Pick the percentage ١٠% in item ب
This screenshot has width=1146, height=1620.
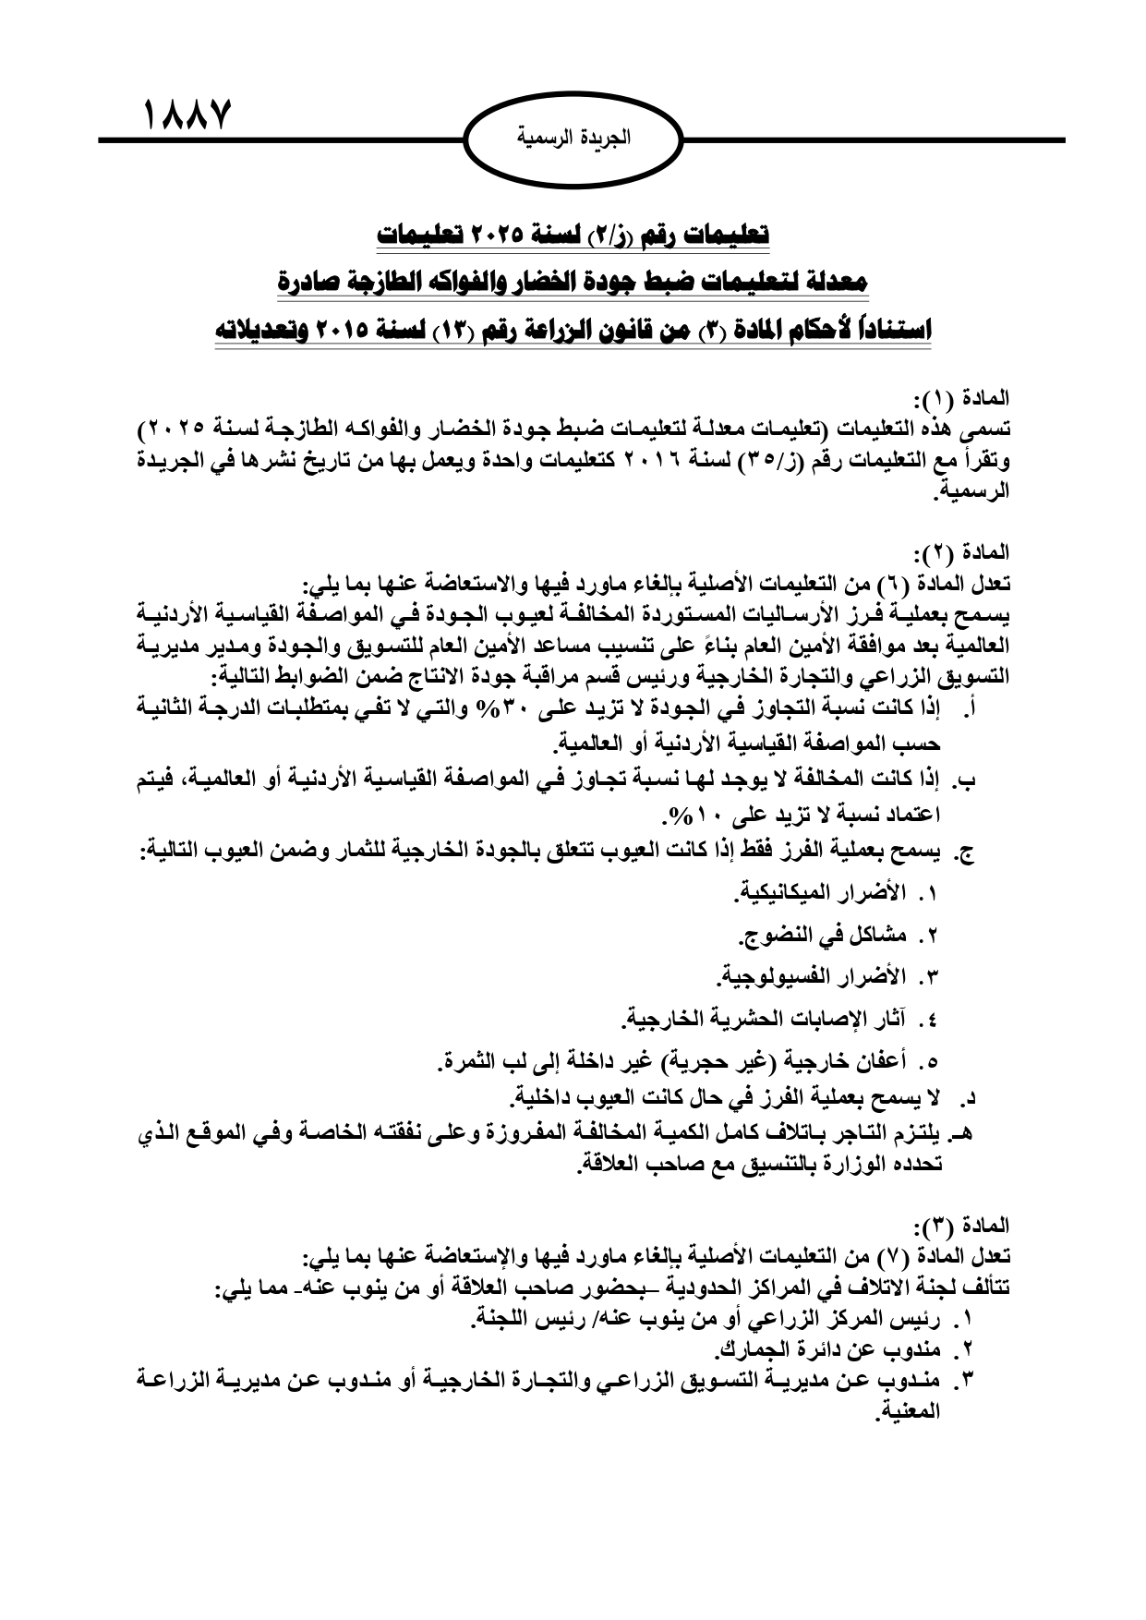click(694, 816)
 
